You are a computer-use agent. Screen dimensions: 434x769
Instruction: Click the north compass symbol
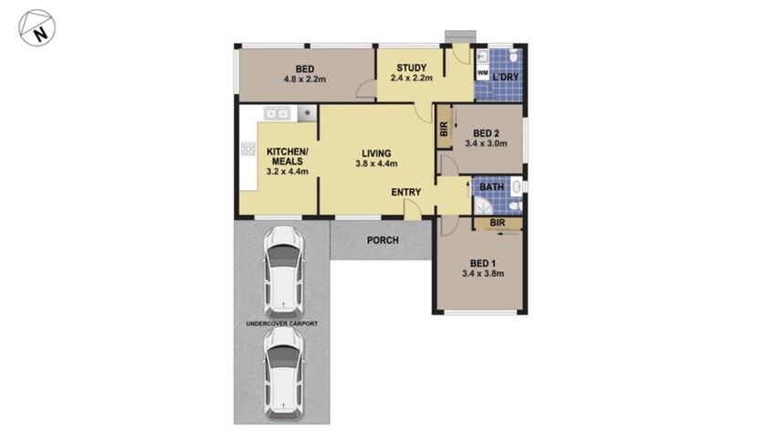pyautogui.click(x=37, y=28)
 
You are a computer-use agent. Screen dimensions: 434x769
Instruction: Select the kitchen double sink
pyautogui.click(x=278, y=113)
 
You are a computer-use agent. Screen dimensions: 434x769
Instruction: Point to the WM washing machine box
pyautogui.click(x=482, y=73)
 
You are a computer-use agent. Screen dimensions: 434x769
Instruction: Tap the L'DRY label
pyautogui.click(x=506, y=77)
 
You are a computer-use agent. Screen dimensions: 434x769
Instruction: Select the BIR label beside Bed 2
pyautogui.click(x=444, y=130)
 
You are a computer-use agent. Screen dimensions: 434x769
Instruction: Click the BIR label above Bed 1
pyautogui.click(x=497, y=222)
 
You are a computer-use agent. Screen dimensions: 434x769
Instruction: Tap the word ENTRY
pyautogui.click(x=406, y=192)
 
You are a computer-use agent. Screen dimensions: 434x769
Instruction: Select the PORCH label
pyautogui.click(x=380, y=241)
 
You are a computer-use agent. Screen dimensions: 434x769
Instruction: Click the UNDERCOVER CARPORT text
pyautogui.click(x=282, y=324)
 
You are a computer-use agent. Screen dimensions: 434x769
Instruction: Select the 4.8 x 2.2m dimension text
pyautogui.click(x=305, y=79)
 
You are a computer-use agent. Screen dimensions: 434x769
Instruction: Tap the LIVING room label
pyautogui.click(x=375, y=153)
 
